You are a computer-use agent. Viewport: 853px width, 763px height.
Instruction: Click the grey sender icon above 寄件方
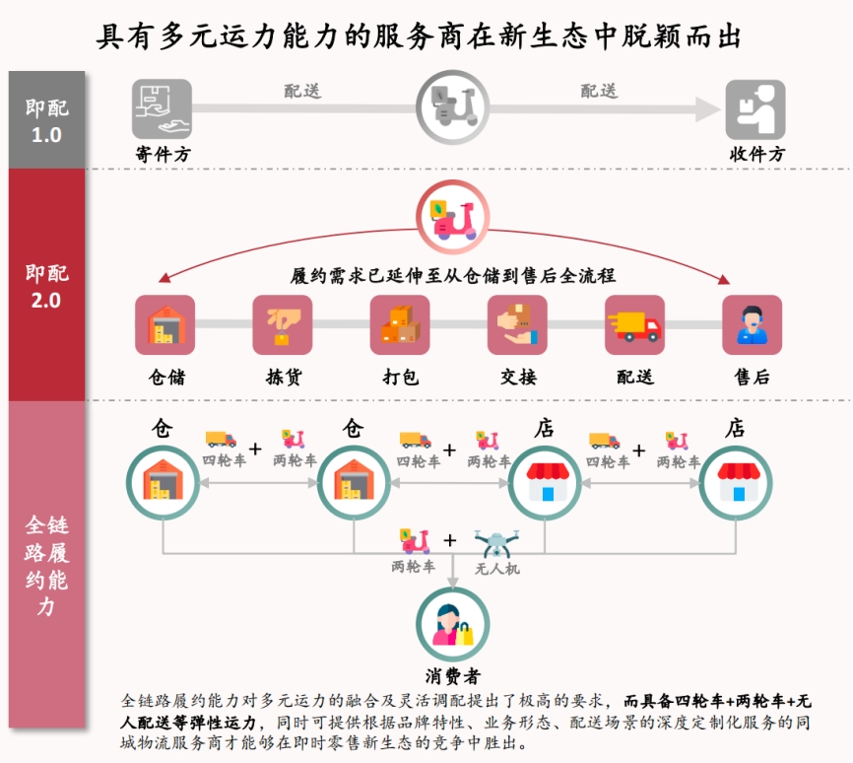click(162, 108)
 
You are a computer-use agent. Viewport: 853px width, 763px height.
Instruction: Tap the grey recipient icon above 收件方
click(755, 109)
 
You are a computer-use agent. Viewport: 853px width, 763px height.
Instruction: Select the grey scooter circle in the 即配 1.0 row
click(453, 107)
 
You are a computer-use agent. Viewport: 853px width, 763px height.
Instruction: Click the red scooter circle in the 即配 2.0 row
click(453, 217)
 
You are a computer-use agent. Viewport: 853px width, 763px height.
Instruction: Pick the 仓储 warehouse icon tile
click(164, 324)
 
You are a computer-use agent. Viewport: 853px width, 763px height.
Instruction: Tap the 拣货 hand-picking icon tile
click(283, 324)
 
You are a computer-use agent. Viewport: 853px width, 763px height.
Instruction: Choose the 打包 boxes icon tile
click(400, 324)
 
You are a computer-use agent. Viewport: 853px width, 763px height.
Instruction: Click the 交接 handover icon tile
click(517, 324)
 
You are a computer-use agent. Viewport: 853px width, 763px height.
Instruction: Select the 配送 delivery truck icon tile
click(635, 324)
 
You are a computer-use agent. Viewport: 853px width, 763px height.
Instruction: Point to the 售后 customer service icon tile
click(752, 324)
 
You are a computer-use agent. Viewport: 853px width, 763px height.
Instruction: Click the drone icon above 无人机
click(496, 543)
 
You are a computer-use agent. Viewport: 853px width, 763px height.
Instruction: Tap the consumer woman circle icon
click(453, 624)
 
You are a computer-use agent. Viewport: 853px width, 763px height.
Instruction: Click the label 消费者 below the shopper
click(453, 676)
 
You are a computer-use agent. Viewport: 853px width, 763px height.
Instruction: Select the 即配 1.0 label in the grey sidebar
click(46, 121)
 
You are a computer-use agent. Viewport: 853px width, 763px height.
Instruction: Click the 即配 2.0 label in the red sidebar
click(46, 287)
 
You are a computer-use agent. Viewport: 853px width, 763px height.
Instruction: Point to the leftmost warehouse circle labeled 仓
click(164, 482)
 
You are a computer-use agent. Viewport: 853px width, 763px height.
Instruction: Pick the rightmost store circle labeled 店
click(736, 483)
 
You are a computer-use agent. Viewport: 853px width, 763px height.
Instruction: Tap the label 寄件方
click(163, 154)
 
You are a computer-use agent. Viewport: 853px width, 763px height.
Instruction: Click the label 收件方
click(756, 154)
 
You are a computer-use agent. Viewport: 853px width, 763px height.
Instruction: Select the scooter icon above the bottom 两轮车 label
click(415, 542)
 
